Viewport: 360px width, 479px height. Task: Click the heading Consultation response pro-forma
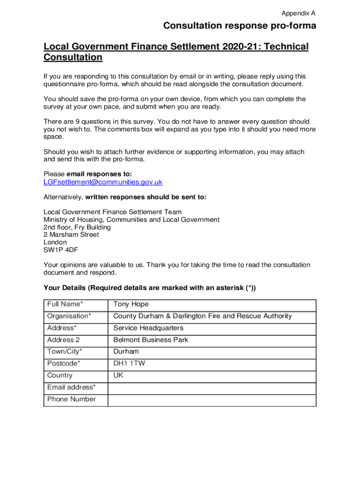click(239, 26)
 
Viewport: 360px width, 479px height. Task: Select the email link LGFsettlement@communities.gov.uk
click(103, 182)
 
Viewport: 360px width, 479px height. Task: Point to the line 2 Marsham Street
click(71, 235)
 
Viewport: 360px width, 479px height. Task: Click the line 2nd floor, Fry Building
click(77, 227)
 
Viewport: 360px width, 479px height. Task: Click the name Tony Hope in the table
click(131, 305)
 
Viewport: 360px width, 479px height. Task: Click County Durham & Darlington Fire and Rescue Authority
click(202, 316)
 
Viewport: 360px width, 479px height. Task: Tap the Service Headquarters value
click(148, 328)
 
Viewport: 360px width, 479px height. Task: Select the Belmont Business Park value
click(151, 340)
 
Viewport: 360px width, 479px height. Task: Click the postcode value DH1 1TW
click(129, 363)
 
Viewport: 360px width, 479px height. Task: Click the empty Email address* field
click(212, 387)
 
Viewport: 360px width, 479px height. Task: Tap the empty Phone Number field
click(212, 399)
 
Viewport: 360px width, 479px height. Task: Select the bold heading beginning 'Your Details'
click(150, 288)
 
